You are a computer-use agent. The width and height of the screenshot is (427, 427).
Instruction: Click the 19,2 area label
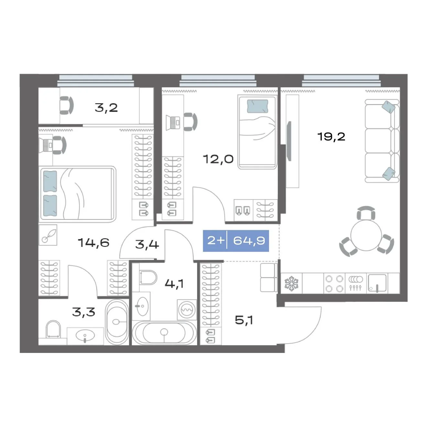click(x=331, y=137)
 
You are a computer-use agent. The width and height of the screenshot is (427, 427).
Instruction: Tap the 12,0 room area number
click(x=218, y=159)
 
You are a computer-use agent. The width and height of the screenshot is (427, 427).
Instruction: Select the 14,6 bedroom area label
click(x=94, y=243)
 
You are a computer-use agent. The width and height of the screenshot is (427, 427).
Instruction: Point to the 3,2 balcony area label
click(x=106, y=108)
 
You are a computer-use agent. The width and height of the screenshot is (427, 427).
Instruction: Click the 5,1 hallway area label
click(x=244, y=320)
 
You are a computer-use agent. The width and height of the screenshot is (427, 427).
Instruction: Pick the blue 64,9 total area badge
click(x=236, y=241)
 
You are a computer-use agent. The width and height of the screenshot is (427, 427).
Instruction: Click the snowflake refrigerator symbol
click(x=291, y=283)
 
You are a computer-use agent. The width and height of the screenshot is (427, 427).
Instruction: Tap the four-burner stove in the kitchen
click(x=334, y=283)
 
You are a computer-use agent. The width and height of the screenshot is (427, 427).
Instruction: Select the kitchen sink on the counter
click(x=377, y=283)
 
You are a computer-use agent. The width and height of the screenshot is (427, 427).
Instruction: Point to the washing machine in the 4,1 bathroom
click(x=187, y=310)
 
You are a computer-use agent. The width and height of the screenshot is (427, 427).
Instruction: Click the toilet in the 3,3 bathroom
click(x=53, y=329)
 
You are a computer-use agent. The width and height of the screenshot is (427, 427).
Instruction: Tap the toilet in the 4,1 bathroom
click(x=148, y=277)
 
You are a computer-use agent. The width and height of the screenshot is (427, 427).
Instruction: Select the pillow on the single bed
click(x=257, y=106)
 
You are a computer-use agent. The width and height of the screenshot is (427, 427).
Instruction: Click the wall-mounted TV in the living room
click(x=289, y=141)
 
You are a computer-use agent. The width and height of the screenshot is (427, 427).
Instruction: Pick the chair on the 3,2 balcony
click(x=67, y=105)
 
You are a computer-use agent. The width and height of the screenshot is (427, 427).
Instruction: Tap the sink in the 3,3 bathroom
click(x=85, y=335)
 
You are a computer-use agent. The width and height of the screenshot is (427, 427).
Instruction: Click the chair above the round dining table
click(x=366, y=213)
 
